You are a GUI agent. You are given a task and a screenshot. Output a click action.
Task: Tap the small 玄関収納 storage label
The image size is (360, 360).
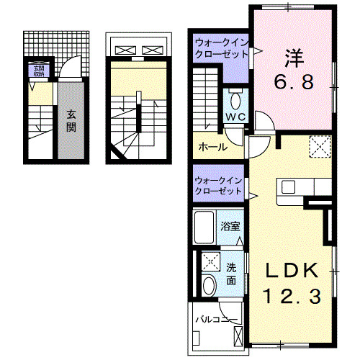pyautogui.click(x=36, y=71)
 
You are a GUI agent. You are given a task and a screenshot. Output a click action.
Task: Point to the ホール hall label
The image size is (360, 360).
pyautogui.click(x=212, y=147)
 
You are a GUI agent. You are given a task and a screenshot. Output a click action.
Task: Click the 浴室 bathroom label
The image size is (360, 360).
pyautogui.click(x=231, y=225)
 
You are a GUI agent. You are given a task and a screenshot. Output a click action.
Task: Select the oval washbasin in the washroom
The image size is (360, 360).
pyautogui.click(x=209, y=285)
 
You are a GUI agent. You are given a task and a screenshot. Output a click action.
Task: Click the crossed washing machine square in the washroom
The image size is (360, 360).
pyautogui.click(x=210, y=261)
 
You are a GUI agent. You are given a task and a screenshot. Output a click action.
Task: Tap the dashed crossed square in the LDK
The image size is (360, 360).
pyautogui.click(x=319, y=146)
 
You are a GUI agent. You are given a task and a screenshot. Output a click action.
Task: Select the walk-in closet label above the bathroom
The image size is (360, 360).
pyautogui.click(x=217, y=186)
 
